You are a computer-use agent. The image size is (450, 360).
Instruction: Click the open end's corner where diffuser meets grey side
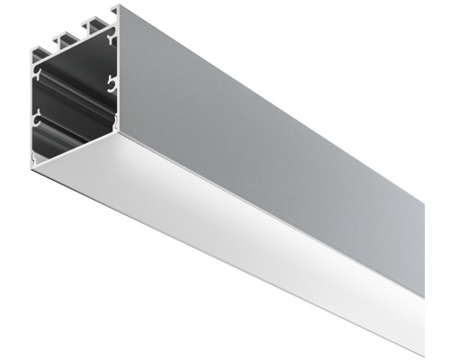(x=118, y=132)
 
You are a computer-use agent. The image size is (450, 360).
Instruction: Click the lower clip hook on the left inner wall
(x=38, y=117)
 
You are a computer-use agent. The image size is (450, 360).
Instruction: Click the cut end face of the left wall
(x=32, y=108)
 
